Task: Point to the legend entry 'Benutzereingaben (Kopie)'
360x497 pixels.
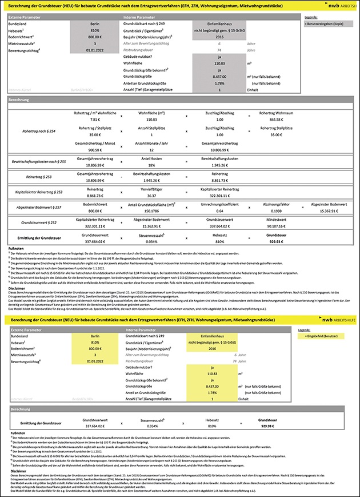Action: click(323, 25)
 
